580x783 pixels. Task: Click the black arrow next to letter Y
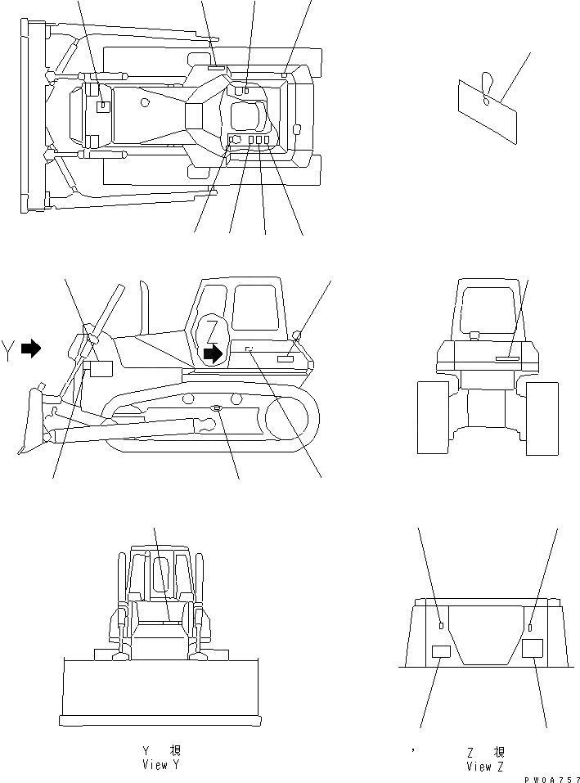pos(31,349)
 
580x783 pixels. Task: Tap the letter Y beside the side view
pos(7,349)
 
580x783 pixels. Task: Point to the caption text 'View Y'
pos(160,765)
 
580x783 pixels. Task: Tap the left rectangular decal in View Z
pos(441,651)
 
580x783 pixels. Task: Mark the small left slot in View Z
pos(441,626)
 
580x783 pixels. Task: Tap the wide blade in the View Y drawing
pos(160,691)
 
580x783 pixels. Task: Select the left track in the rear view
pos(433,417)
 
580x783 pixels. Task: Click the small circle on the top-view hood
pos(145,102)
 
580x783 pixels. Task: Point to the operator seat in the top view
pos(247,117)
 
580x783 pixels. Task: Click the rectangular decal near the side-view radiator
pos(100,368)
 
